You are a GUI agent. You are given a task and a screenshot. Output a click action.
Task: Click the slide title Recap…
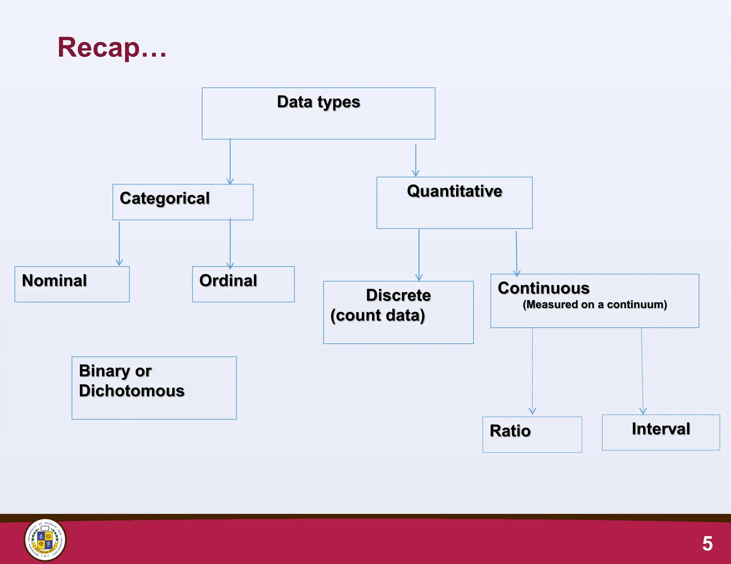pyautogui.click(x=112, y=47)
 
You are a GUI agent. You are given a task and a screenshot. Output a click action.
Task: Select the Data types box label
pyautogui.click(x=318, y=102)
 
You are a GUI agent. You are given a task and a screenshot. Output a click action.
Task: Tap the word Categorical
pyautogui.click(x=165, y=198)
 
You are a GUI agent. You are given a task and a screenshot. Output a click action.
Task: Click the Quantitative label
pyautogui.click(x=454, y=191)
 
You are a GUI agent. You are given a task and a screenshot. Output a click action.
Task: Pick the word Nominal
pyautogui.click(x=54, y=281)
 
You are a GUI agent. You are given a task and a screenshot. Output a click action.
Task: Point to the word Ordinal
pyautogui.click(x=228, y=281)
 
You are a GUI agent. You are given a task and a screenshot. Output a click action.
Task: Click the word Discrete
pyautogui.click(x=398, y=295)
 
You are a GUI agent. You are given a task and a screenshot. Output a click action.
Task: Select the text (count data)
pyautogui.click(x=378, y=316)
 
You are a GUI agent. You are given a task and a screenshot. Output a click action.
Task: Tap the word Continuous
pyautogui.click(x=543, y=288)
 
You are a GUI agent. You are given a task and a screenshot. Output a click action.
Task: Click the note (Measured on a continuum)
pyautogui.click(x=595, y=304)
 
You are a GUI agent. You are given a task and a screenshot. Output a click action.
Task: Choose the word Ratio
pyautogui.click(x=510, y=431)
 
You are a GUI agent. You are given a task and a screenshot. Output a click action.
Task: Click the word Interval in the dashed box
pyautogui.click(x=661, y=429)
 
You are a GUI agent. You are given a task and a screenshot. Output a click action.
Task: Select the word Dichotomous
pyautogui.click(x=132, y=391)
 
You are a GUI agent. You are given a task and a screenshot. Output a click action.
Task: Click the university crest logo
pyautogui.click(x=45, y=540)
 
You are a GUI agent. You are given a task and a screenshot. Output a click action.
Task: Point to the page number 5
pyautogui.click(x=707, y=544)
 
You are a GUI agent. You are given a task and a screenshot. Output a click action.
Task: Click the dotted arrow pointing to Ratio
pyautogui.click(x=533, y=371)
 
